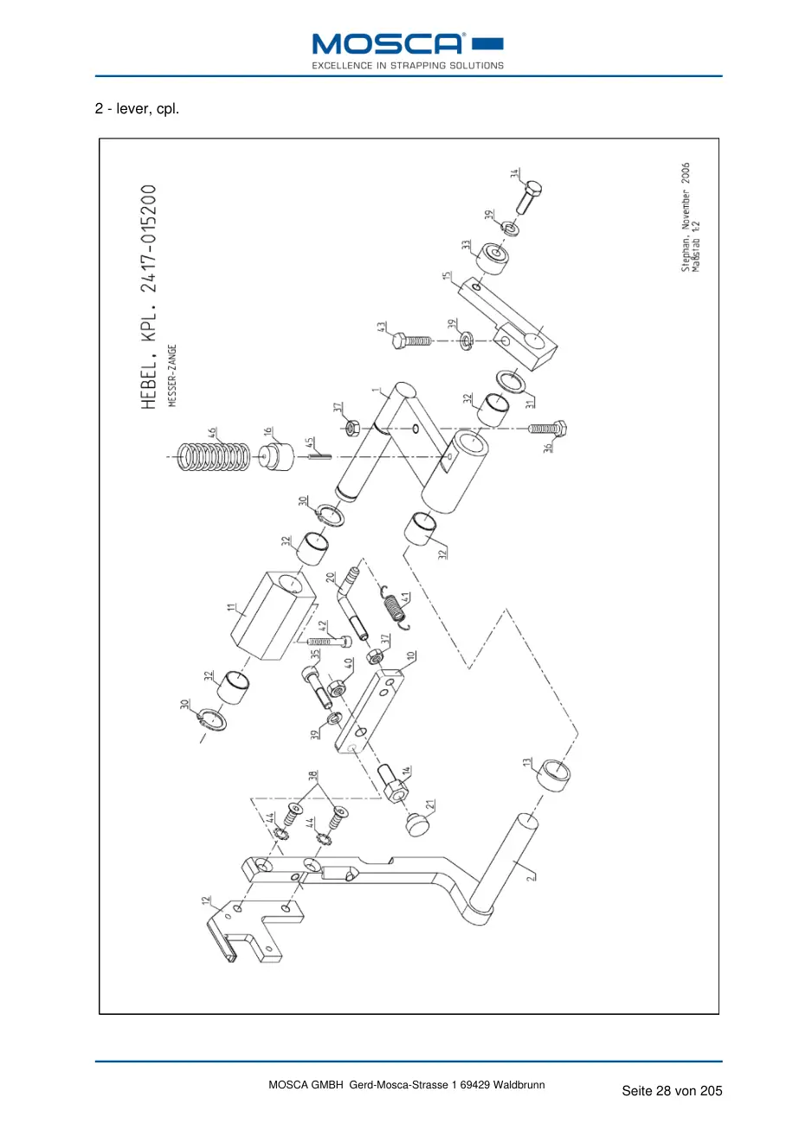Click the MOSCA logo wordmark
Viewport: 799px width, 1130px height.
click(x=387, y=44)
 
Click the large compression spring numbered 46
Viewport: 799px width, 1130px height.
click(x=212, y=457)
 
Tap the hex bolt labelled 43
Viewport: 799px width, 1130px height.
click(x=411, y=340)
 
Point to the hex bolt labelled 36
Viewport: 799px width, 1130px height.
click(x=547, y=429)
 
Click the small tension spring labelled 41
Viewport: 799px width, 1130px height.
click(x=396, y=607)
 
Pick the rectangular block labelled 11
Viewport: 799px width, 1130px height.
click(x=273, y=616)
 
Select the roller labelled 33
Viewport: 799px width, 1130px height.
click(x=493, y=258)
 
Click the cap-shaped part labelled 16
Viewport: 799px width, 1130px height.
click(x=276, y=456)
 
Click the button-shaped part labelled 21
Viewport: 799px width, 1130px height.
click(x=417, y=824)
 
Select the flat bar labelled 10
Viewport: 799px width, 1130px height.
click(x=370, y=711)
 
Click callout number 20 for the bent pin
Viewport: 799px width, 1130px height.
click(x=331, y=578)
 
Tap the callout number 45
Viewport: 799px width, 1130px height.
click(x=309, y=443)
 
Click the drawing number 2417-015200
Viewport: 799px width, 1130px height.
click(x=149, y=239)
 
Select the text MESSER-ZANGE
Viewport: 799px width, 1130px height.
click(x=172, y=375)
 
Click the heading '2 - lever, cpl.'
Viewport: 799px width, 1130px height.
click(x=137, y=108)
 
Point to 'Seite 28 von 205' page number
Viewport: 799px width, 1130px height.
click(x=672, y=1091)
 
